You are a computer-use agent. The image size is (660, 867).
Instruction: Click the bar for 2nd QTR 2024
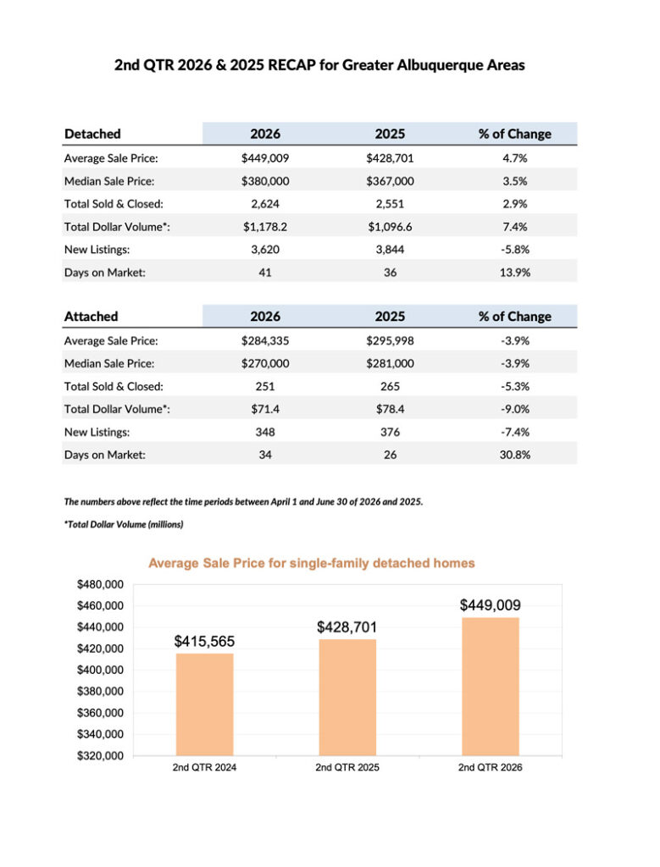tap(204, 704)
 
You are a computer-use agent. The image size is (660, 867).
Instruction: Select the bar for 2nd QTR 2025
tap(347, 698)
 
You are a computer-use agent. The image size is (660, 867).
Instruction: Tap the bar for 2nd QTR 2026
tap(491, 687)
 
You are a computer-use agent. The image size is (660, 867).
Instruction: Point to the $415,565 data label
tap(204, 642)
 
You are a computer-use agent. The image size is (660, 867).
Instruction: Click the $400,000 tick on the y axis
tap(100, 671)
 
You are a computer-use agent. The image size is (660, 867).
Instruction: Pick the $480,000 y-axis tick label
tap(100, 584)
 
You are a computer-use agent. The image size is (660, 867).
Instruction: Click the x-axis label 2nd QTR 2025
tap(347, 767)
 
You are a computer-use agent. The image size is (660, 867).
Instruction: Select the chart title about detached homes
tap(312, 563)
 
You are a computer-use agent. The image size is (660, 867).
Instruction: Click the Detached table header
tap(92, 134)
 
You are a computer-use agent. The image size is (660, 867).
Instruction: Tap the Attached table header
tap(92, 317)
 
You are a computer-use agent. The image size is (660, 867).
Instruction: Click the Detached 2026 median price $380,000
tap(265, 181)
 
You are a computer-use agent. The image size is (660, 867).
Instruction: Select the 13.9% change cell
tap(514, 273)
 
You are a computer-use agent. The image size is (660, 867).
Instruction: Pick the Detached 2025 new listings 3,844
tap(390, 250)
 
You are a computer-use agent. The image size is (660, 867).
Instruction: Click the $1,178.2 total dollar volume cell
tap(265, 227)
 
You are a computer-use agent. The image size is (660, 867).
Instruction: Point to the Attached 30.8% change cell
tap(514, 455)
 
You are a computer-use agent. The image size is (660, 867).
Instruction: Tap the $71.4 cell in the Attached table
tap(265, 409)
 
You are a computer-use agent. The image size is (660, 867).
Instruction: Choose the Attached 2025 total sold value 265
tap(390, 386)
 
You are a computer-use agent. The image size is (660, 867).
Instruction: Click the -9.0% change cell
tap(514, 409)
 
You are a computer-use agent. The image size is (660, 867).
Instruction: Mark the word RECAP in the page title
tap(291, 65)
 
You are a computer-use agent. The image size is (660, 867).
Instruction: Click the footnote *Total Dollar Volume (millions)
tap(124, 524)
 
